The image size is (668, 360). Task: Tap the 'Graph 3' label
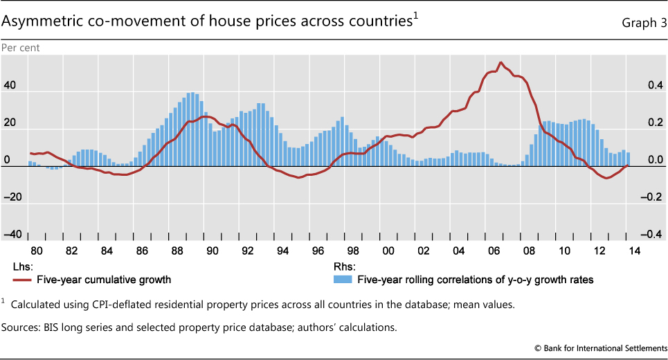point(643,23)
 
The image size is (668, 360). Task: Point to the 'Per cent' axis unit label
point(21,48)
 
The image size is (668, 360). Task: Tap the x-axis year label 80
point(37,251)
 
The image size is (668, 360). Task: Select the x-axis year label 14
point(634,251)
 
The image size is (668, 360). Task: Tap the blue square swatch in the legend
point(341,280)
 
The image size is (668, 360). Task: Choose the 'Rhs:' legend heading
point(345,267)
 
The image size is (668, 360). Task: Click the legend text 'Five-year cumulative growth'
point(101,280)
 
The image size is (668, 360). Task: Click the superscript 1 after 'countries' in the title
point(416,17)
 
